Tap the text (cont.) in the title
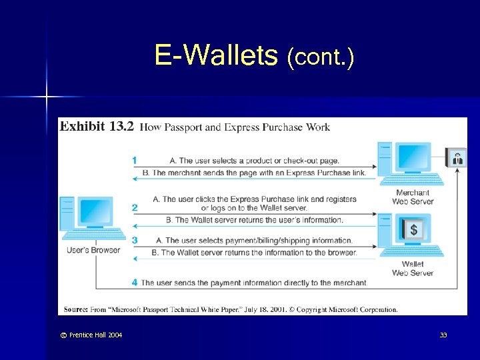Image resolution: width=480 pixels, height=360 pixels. coord(321,58)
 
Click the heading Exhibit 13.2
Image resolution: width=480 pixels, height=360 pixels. coord(97,127)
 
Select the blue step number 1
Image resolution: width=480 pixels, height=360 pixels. coord(135,160)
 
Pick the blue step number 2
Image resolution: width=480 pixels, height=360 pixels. coord(135,207)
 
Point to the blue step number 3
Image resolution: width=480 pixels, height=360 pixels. coord(135,240)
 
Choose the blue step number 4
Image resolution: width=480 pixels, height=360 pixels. coord(135,283)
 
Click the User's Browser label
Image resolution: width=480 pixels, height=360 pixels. coord(94,251)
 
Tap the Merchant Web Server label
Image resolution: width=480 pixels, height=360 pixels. coord(413,197)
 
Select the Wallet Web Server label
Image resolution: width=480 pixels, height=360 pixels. coord(413,269)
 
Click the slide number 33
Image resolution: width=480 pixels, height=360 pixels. coord(443,335)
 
